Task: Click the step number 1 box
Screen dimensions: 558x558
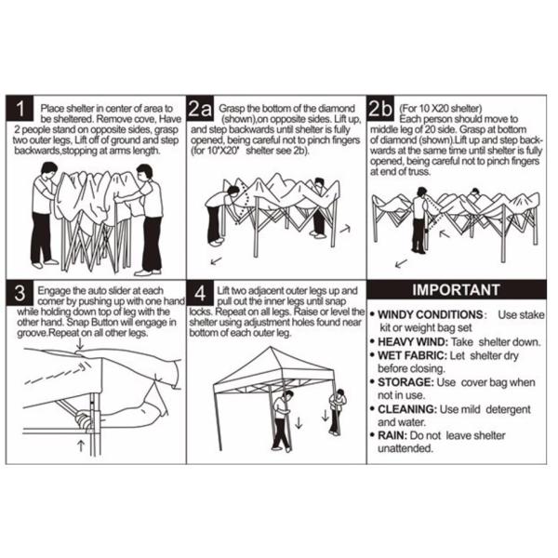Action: [x=20, y=108]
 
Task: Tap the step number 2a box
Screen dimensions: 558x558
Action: [x=200, y=108]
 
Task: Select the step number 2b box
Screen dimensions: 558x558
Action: [x=380, y=108]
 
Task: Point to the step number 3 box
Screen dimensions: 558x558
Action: [x=20, y=293]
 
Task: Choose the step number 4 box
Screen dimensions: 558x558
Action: [x=200, y=293]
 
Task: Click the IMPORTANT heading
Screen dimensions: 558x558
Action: [x=457, y=289]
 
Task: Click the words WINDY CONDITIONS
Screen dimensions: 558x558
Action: [x=431, y=314]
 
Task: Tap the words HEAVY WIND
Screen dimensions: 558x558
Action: [x=412, y=342]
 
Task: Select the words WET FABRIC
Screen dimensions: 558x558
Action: [x=412, y=355]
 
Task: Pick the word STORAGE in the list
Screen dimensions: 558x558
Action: [x=405, y=382]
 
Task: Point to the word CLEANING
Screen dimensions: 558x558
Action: [x=407, y=409]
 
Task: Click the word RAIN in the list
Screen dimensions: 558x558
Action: [x=392, y=435]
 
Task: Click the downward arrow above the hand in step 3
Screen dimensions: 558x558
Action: [x=80, y=344]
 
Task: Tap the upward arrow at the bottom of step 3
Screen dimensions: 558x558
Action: [x=81, y=445]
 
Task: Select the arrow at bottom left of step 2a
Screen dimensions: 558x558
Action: [x=216, y=261]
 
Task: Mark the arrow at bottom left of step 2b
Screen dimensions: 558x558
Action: [x=402, y=263]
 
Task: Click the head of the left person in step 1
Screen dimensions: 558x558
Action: [x=48, y=170]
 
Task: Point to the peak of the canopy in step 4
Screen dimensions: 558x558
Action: [x=271, y=347]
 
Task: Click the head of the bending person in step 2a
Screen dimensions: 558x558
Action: [x=233, y=191]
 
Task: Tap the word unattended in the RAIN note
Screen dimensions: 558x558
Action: [x=405, y=448]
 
